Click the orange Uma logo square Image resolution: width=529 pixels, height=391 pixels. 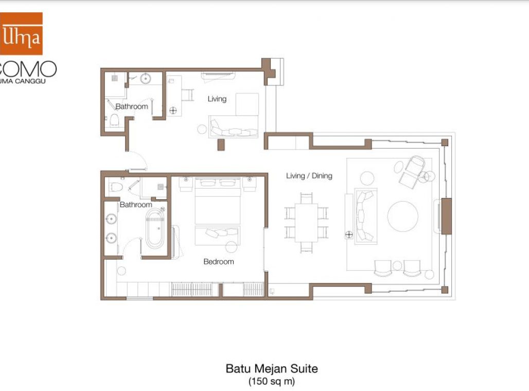[21, 33]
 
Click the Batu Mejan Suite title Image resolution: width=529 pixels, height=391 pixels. [272, 369]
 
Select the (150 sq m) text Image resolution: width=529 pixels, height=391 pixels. [272, 382]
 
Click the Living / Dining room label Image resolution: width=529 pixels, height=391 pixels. [309, 176]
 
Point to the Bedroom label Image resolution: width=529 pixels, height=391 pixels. [219, 261]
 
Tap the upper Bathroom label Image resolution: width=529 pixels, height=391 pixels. [132, 106]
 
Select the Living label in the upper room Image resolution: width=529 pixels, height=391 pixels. [217, 99]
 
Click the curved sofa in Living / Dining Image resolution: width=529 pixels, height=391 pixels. [366, 216]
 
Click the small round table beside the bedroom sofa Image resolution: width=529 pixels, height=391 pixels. [232, 246]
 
